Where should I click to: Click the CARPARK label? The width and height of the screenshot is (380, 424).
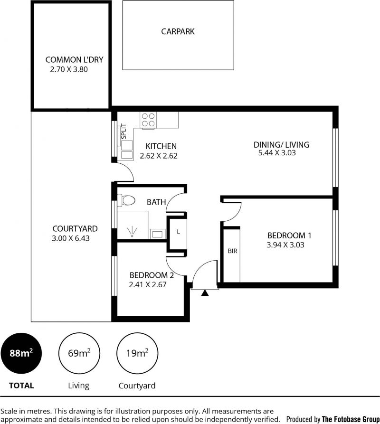pos(178,31)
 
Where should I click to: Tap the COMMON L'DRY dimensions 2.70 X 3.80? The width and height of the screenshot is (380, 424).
pos(69,69)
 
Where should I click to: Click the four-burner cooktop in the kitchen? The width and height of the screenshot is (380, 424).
pos(148,120)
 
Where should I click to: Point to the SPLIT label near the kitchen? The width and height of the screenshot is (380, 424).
pos(123,131)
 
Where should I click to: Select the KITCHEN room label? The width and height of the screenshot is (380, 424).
pos(161,146)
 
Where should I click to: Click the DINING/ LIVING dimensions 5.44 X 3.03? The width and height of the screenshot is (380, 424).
pos(277,153)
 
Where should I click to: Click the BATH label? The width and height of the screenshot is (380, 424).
pos(156,202)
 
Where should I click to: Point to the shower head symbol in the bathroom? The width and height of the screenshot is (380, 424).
pos(132,232)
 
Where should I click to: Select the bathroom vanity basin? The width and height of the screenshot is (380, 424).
pos(157,234)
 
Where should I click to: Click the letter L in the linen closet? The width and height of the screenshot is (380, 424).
pos(178,232)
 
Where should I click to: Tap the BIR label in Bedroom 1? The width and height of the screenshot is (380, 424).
pos(232,251)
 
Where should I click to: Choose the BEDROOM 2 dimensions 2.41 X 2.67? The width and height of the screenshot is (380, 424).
pos(148,284)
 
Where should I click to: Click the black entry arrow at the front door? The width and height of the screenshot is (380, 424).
pos(205,292)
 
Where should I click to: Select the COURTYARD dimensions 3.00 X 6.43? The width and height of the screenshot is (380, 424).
pos(71,238)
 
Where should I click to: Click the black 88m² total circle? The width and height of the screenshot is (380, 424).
pos(21,353)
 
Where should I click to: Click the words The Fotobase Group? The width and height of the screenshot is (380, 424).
pos(351,419)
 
